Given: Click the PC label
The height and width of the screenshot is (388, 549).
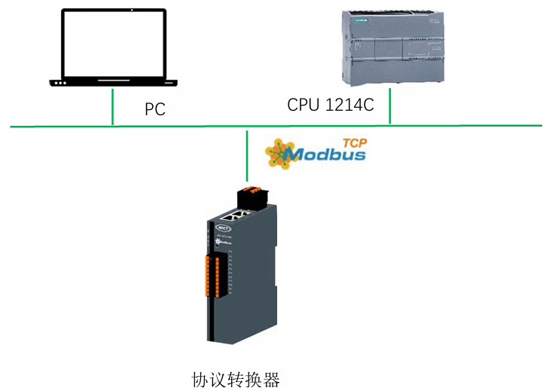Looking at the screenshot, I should pos(155,109).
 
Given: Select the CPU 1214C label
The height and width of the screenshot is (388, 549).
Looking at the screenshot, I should pos(330,105).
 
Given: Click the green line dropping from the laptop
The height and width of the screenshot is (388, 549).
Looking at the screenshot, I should pos(112,106).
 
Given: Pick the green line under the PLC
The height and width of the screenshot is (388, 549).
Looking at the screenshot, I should pos(389,105).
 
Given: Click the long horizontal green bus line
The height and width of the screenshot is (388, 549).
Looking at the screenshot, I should pos(452,126).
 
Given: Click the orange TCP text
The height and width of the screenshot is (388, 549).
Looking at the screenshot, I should pos(354,142).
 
